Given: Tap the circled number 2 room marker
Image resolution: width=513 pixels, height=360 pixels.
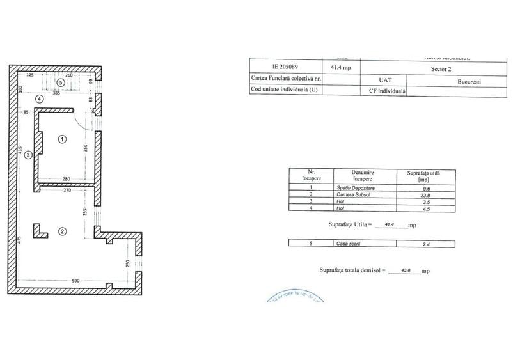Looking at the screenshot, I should tap(63, 231).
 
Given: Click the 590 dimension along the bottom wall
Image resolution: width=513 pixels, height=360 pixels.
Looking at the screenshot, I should tap(58, 281).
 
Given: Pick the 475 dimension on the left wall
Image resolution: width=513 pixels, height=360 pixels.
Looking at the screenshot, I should tap(20, 240).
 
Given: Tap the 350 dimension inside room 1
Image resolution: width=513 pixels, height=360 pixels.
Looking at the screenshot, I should tap(85, 148).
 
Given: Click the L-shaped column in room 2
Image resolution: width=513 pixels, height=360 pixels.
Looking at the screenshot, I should tap(40, 231).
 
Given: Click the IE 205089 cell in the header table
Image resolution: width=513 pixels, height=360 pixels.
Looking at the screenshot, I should tap(285, 66).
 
